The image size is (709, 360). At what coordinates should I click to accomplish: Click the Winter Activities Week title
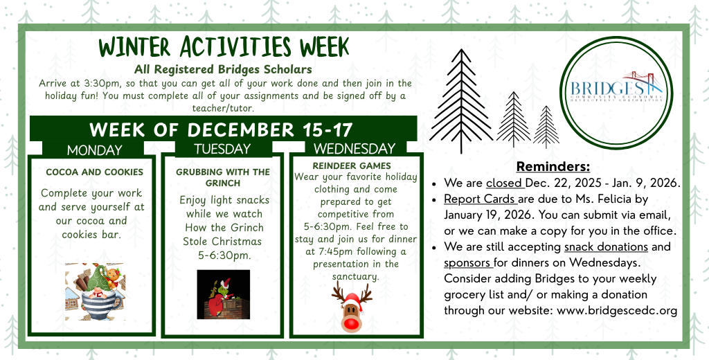pos(223,47)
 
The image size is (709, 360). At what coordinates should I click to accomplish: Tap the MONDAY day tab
pos(94,150)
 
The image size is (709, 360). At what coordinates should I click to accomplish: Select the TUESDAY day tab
pos(222,149)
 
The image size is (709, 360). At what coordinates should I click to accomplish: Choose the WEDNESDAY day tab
pos(354,149)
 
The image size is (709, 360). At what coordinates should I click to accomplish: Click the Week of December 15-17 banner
pos(222,129)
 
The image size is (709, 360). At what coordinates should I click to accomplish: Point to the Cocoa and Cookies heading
pos(94,172)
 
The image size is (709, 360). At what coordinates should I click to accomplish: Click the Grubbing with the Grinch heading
pos(222,177)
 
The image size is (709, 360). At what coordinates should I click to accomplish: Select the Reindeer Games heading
pos(352,166)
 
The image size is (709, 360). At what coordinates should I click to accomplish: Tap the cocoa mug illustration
pos(95,291)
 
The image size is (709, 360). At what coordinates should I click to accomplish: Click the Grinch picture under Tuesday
pos(223,294)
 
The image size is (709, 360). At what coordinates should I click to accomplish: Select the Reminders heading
pos(553,167)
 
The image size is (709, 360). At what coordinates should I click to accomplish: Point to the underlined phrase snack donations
pos(606,247)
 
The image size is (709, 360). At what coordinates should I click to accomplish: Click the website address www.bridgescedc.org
pos(617,310)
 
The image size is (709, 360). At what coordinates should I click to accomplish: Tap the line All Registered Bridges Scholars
pos(223,69)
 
